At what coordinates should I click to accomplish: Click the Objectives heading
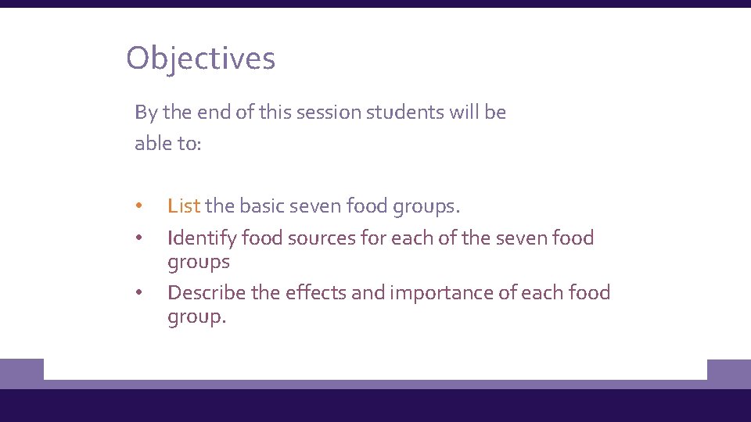click(x=200, y=59)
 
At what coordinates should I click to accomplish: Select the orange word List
click(x=184, y=206)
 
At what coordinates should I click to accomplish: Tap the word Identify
click(x=202, y=238)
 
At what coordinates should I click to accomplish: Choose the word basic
click(x=262, y=206)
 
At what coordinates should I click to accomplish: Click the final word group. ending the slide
click(x=196, y=317)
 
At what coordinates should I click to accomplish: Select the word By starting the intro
click(x=146, y=113)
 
